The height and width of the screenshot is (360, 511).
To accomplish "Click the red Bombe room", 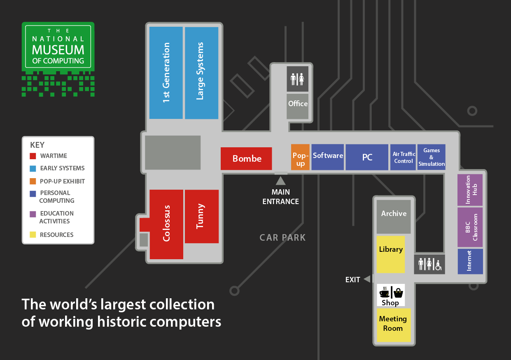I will (246, 158).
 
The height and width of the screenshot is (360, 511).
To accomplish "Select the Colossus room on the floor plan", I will (166, 224).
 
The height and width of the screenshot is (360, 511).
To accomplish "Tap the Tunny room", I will (201, 216).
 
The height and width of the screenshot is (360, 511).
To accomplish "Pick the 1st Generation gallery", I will (166, 73).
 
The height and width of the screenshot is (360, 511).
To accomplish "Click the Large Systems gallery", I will (201, 73).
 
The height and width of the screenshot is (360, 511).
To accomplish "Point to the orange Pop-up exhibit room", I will (300, 157).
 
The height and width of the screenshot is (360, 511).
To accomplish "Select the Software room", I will (328, 157).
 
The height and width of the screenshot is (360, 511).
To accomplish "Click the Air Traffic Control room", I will (403, 157).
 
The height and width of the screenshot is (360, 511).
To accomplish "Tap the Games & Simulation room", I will (431, 157).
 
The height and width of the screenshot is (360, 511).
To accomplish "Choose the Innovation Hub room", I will (470, 190).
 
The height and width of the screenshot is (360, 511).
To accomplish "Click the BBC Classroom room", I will (470, 227).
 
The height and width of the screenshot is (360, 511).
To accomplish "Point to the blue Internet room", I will (470, 261).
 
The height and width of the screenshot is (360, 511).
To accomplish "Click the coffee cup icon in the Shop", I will (384, 293).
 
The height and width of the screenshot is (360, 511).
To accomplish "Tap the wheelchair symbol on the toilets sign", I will (438, 265).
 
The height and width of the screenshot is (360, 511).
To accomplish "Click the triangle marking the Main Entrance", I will (281, 181).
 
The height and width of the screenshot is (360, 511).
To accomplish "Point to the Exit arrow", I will (367, 279).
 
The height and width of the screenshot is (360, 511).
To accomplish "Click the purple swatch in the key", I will (33, 214).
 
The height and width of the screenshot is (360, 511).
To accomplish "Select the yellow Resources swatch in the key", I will (33, 235).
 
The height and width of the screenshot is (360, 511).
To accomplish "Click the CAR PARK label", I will (282, 237).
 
